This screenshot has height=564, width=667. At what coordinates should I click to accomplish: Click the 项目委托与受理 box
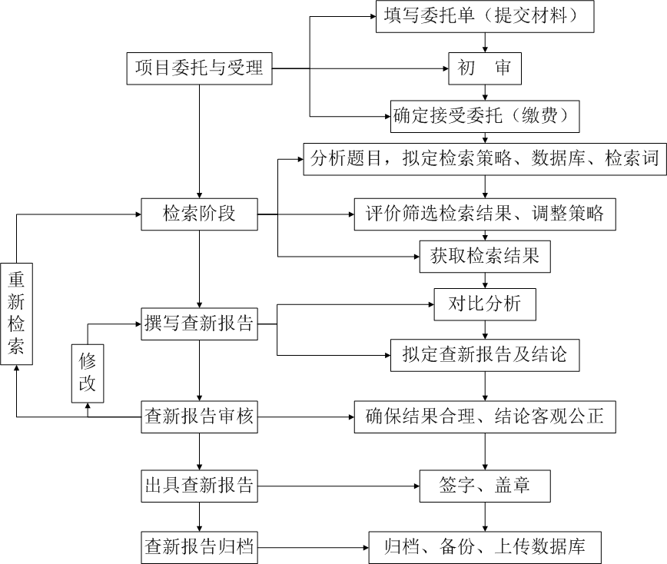(199, 68)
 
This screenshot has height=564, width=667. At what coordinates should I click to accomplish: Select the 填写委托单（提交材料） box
(485, 16)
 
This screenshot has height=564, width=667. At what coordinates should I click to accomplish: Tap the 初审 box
(485, 68)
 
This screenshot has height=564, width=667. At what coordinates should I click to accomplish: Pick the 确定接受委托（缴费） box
(484, 116)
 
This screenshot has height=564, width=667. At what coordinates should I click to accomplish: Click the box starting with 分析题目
(485, 159)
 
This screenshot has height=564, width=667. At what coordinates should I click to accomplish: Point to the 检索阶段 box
(199, 214)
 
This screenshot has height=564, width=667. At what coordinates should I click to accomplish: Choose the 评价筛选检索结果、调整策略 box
(485, 214)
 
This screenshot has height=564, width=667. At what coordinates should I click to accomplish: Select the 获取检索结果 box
(485, 256)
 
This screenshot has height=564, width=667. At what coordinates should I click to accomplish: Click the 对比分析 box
(485, 304)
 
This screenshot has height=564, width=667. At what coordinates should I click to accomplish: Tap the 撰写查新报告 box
(199, 323)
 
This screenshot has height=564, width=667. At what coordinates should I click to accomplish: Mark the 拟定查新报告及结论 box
(485, 354)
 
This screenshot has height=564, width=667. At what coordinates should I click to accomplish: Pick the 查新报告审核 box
(199, 417)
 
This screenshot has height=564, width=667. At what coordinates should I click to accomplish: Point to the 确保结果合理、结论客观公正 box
(485, 417)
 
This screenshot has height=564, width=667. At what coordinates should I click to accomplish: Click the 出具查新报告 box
(199, 485)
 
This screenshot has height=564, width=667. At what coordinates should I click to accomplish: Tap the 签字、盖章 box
(485, 485)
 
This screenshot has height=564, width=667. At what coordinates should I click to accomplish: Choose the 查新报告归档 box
(199, 547)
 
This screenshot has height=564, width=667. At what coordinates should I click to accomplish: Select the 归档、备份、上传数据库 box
(485, 547)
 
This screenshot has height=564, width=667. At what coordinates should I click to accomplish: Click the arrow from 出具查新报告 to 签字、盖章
(338, 485)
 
